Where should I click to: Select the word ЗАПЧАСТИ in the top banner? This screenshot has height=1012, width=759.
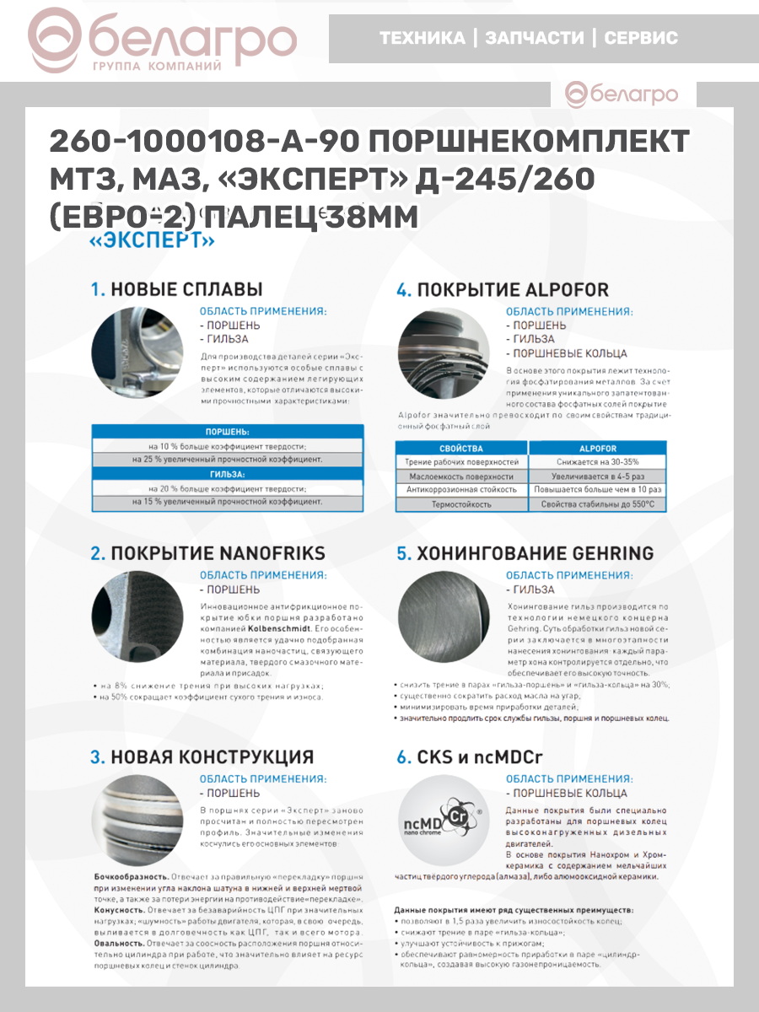click(x=534, y=38)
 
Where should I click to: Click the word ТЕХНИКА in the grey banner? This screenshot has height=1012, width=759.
click(x=422, y=38)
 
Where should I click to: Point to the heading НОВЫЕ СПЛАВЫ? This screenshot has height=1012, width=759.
click(x=187, y=289)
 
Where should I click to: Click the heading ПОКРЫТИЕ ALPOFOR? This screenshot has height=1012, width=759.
click(x=513, y=290)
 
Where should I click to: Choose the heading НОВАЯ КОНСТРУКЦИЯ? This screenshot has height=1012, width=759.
click(x=212, y=756)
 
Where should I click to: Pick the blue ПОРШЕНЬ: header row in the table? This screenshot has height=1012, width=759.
click(x=228, y=431)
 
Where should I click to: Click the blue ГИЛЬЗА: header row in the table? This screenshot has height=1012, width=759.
click(x=228, y=474)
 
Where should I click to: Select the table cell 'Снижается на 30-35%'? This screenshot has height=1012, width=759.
click(x=598, y=462)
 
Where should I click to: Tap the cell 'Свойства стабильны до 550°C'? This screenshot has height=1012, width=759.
click(x=598, y=504)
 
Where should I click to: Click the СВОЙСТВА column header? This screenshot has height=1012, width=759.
click(x=461, y=448)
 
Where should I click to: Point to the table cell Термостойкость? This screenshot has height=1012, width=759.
click(x=461, y=504)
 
